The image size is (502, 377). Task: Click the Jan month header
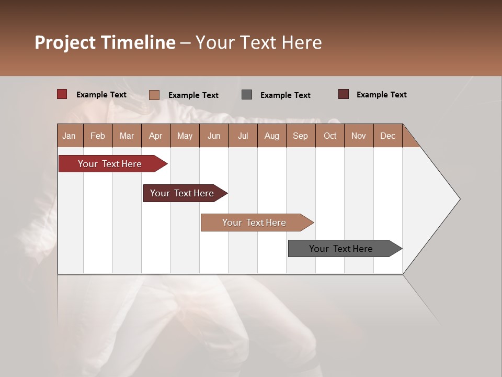[x=70, y=136]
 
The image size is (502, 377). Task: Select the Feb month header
[x=98, y=136]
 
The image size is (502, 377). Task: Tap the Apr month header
[x=155, y=136]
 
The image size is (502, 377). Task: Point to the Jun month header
[x=214, y=136]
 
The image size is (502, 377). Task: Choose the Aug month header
[x=271, y=136]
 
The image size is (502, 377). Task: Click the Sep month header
[x=300, y=136]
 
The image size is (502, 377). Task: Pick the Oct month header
[x=330, y=136]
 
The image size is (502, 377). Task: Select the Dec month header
[x=387, y=136]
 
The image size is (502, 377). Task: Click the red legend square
[x=62, y=94]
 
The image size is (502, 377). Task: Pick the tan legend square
[x=154, y=95]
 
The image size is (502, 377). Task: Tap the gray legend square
[x=247, y=95]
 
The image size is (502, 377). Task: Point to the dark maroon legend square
[x=344, y=94]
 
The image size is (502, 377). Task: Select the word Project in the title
[x=66, y=42]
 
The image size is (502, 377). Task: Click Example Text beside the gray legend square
[x=285, y=95]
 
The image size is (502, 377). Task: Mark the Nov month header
[x=358, y=136]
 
